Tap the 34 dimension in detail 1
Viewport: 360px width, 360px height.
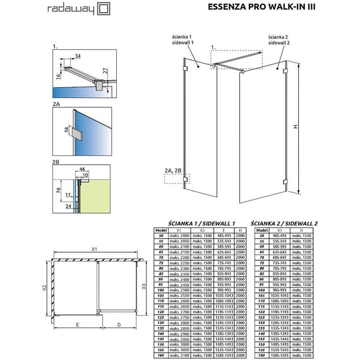click(77, 57)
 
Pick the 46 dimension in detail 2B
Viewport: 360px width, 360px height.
click(81, 170)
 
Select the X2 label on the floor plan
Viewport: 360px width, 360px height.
click(45, 288)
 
